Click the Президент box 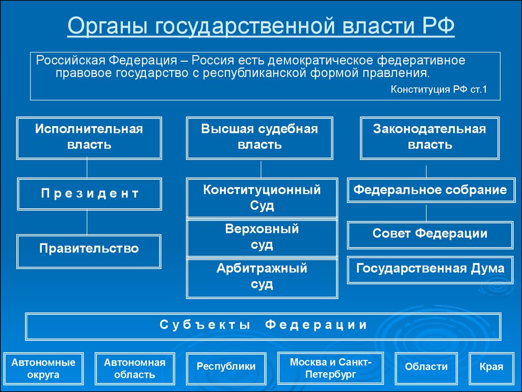[89, 194]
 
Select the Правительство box [89, 251]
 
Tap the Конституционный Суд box [262, 198]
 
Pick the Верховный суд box [262, 238]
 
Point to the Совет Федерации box [430, 235]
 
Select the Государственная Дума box [430, 270]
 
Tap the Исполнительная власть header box [89, 138]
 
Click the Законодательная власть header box [430, 138]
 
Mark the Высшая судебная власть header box [259, 138]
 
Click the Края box [491, 369]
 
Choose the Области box [427, 369]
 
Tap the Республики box [226, 369]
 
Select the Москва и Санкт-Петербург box [330, 369]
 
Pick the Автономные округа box [44, 369]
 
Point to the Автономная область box [135, 369]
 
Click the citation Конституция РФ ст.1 [439, 89]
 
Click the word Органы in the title [108, 26]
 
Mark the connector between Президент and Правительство [87, 223]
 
